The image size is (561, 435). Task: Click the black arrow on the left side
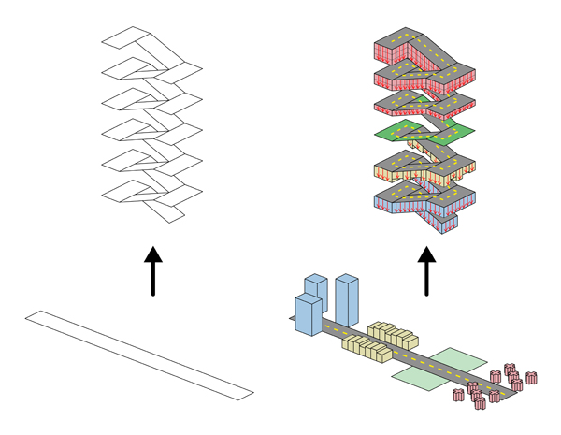153,271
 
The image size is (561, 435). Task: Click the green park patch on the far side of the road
457,360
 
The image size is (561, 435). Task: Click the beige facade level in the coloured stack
393,172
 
